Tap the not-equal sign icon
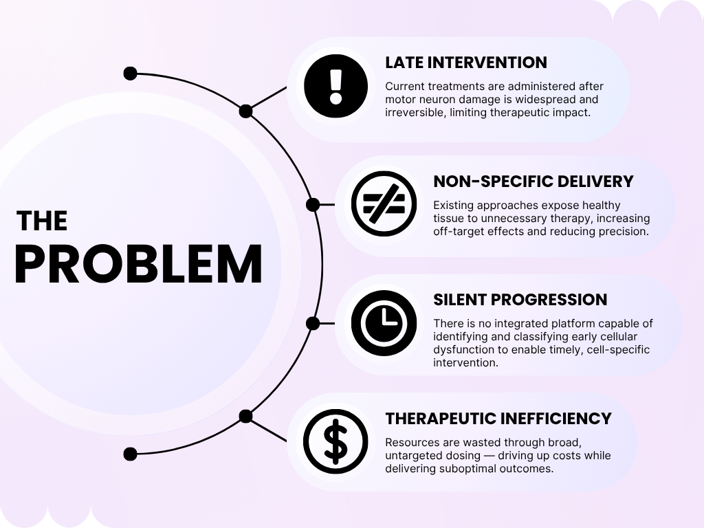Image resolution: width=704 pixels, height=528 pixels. point(384,203)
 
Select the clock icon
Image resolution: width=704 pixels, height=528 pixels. point(384,322)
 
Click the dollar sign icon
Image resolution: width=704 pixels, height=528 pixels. point(335,441)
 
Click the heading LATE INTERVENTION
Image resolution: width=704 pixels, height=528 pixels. point(465,63)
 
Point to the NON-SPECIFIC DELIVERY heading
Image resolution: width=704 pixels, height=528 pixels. point(533,181)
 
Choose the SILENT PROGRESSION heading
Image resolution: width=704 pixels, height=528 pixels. point(520,300)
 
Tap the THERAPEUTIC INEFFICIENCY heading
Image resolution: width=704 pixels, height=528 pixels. point(498,418)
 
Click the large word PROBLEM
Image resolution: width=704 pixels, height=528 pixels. point(138,265)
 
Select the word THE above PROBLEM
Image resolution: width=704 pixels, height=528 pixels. point(42,221)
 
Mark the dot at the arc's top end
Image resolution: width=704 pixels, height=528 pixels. point(130,74)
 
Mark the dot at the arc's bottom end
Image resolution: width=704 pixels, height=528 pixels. point(130,454)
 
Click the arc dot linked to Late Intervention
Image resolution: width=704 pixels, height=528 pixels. point(245,111)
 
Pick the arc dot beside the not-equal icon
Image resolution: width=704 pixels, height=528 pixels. point(313,204)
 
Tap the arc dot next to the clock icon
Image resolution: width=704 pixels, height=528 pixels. point(313,323)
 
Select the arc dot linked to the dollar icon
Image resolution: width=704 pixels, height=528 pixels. point(245,416)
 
